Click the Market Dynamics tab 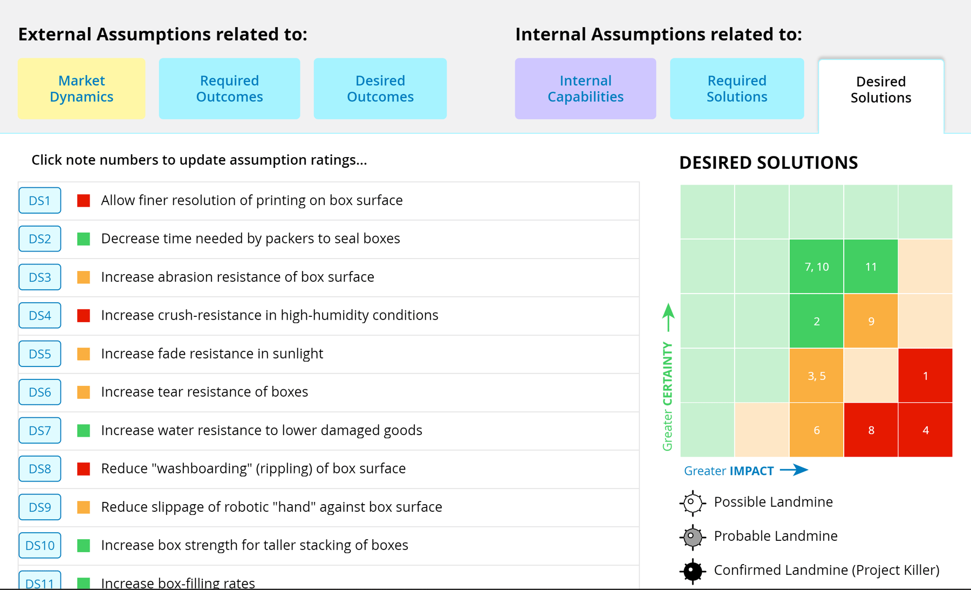[x=81, y=89]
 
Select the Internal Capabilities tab [x=585, y=89]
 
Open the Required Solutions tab [x=737, y=89]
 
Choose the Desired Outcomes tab [x=380, y=89]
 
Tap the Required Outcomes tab [x=229, y=89]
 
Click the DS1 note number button [x=40, y=201]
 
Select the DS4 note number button [x=40, y=315]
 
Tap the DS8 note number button [x=40, y=469]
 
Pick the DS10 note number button [x=40, y=545]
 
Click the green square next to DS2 [x=84, y=239]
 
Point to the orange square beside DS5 [x=84, y=354]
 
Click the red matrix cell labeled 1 [x=925, y=376]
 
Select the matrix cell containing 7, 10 [x=816, y=267]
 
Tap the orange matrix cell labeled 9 [x=871, y=321]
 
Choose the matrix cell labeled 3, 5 [x=816, y=376]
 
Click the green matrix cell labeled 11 [x=871, y=267]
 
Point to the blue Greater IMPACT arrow [x=794, y=470]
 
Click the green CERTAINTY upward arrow [x=668, y=317]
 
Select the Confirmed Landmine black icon [x=693, y=571]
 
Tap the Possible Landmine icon [x=693, y=503]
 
